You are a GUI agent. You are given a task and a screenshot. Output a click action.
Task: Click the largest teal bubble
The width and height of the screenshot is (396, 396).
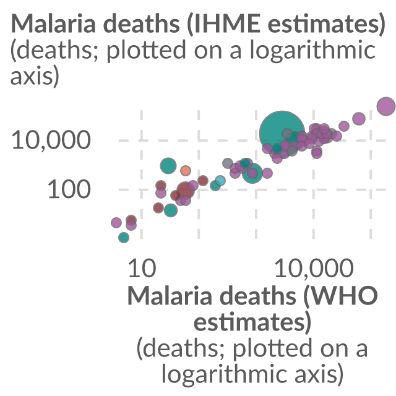pyautogui.click(x=282, y=133)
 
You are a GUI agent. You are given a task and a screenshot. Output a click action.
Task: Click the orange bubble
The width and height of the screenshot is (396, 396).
pyautogui.click(x=186, y=171)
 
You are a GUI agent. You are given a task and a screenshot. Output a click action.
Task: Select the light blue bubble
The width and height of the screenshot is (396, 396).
pyautogui.click(x=220, y=181)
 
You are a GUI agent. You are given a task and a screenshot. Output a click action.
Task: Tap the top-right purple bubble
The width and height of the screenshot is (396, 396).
pyautogui.click(x=386, y=106)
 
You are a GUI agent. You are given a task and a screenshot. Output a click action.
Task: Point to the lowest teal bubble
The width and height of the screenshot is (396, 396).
pyautogui.click(x=124, y=238)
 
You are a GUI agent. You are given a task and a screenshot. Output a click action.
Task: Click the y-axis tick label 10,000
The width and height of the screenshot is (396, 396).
pyautogui.click(x=51, y=140)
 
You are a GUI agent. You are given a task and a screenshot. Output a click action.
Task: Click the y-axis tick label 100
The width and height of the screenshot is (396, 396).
pyautogui.click(x=69, y=189)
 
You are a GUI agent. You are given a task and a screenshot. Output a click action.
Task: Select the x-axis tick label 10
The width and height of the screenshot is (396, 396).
pyautogui.click(x=142, y=269)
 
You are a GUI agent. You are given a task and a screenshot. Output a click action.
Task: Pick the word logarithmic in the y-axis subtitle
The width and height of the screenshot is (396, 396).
pyautogui.click(x=312, y=50)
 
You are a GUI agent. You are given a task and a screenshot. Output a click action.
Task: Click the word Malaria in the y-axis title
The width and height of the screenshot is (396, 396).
pyautogui.click(x=53, y=24)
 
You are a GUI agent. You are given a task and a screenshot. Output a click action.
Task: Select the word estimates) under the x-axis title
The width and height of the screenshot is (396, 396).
pyautogui.click(x=252, y=322)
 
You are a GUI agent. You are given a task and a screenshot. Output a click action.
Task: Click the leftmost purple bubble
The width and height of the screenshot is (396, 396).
pyautogui.click(x=116, y=223)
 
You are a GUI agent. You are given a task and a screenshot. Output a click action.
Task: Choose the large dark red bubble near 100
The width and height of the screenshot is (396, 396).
pyautogui.click(x=186, y=190)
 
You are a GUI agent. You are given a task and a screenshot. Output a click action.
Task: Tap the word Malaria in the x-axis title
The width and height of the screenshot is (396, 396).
pyautogui.click(x=170, y=296)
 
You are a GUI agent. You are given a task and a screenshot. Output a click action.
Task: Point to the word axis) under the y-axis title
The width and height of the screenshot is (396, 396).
pyautogui.click(x=35, y=75)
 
